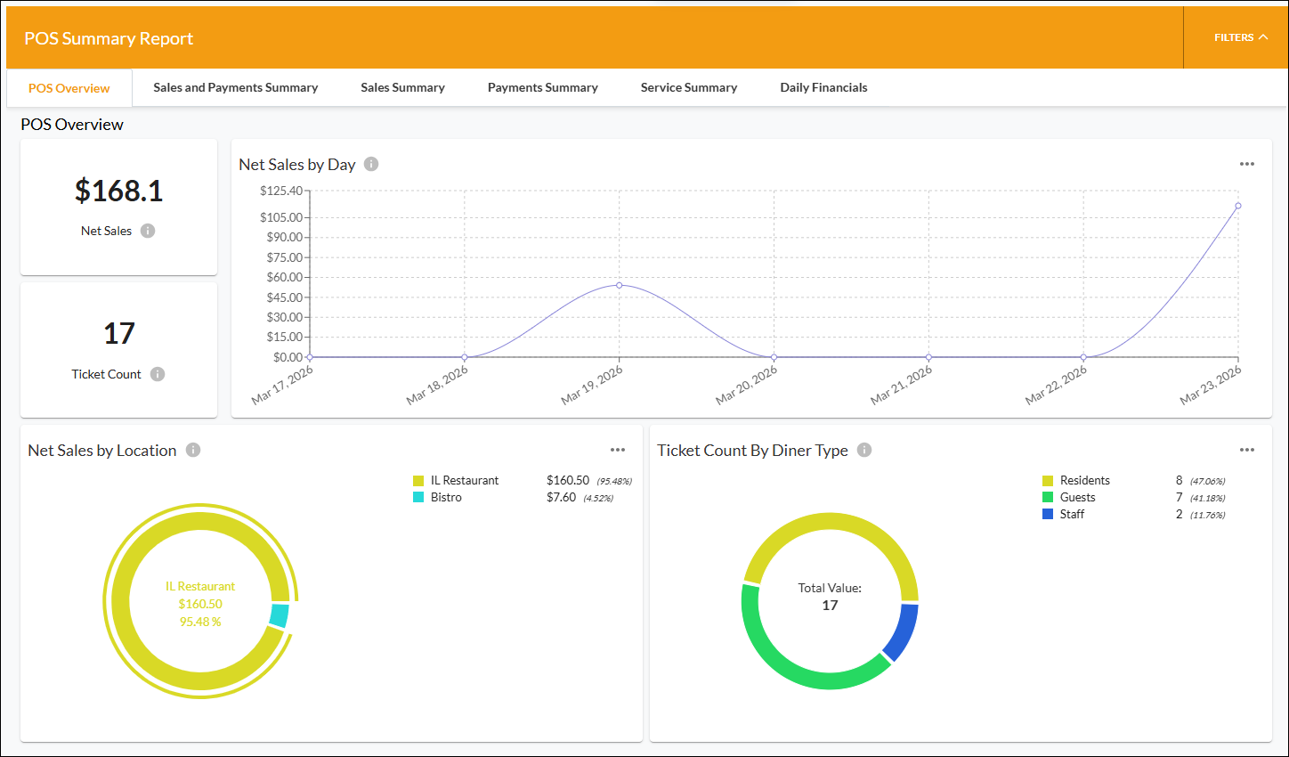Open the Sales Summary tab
[x=402, y=87]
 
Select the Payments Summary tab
[x=543, y=87]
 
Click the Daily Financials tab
[x=823, y=87]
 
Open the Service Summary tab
[x=689, y=87]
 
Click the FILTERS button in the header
[x=1241, y=37]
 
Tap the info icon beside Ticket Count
[x=157, y=374]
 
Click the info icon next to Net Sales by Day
[x=371, y=164]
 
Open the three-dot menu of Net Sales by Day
[x=1246, y=164]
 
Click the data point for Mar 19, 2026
[x=620, y=286]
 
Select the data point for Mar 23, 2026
[x=1237, y=206]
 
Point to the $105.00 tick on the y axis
[x=281, y=217]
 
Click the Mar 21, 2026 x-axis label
[x=901, y=385]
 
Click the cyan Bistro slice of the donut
[x=280, y=615]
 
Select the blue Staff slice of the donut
[x=901, y=631]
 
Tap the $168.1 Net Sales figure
[x=118, y=191]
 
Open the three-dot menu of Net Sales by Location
[x=618, y=450]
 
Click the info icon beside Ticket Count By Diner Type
[x=863, y=450]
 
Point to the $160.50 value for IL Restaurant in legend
[x=568, y=480]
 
